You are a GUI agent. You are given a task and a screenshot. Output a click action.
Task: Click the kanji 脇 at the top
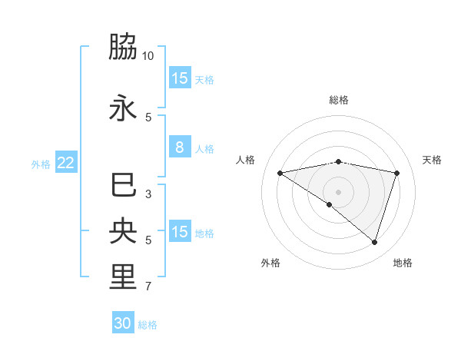(x=123, y=48)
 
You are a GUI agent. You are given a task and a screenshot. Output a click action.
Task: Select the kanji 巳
(x=123, y=185)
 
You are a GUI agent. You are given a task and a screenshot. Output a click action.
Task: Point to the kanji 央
(x=123, y=231)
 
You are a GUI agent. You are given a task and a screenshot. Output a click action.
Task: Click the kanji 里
(x=123, y=277)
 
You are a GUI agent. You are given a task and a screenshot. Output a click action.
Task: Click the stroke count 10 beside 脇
(x=148, y=56)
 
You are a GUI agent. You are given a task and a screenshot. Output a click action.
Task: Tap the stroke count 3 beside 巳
(x=148, y=194)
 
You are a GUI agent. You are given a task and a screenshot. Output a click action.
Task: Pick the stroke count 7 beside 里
(x=148, y=286)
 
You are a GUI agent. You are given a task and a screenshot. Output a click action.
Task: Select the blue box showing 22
(x=65, y=163)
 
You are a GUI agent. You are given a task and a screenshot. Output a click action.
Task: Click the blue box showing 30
(x=123, y=323)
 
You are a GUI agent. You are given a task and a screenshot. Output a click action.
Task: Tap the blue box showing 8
(x=179, y=147)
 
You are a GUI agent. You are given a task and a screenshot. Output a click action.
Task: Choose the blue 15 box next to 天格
(x=179, y=78)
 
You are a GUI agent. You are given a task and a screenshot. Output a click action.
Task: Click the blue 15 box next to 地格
(x=179, y=232)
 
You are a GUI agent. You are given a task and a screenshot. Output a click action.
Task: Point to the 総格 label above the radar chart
(x=338, y=100)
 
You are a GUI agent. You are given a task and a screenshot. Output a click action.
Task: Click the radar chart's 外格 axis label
(x=270, y=263)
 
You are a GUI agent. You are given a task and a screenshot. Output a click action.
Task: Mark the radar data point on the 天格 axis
(x=397, y=173)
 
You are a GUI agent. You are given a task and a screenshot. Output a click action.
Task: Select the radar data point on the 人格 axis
(x=280, y=173)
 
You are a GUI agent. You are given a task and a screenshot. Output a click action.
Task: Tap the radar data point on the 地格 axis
(x=374, y=243)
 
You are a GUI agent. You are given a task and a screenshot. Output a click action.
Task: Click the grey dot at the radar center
(x=338, y=191)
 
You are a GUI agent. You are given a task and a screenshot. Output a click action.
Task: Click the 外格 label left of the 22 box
(x=41, y=164)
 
